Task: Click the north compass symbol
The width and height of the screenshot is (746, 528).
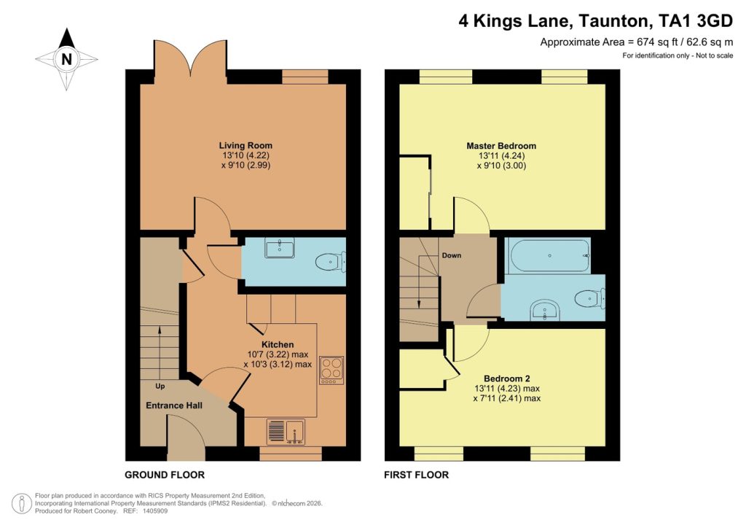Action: click(66, 59)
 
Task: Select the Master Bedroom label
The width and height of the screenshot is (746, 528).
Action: click(501, 145)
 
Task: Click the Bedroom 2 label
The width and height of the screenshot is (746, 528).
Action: click(501, 378)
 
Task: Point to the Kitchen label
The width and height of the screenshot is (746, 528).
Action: click(278, 344)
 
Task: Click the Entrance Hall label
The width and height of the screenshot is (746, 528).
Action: click(174, 405)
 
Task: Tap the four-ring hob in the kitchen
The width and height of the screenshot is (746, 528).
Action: click(331, 370)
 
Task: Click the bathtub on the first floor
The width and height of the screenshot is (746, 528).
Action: click(549, 256)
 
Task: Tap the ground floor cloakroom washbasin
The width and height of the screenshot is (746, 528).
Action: click(280, 249)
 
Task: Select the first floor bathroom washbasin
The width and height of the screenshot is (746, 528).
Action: click(543, 310)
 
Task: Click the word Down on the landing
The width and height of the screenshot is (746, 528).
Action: click(450, 256)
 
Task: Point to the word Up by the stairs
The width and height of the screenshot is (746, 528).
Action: click(160, 385)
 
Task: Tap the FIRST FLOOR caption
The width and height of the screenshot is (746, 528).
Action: click(417, 475)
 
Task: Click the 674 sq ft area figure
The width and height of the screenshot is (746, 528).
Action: click(631, 42)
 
